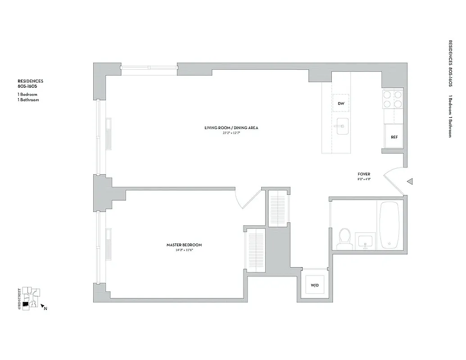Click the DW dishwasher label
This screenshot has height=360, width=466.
click(341, 104)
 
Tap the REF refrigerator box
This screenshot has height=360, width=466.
click(394, 137)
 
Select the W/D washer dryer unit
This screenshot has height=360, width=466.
click(315, 285)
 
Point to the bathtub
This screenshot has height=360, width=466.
click(390, 225)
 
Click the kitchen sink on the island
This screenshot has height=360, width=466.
click(342, 126)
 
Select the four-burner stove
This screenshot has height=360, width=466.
click(392, 99)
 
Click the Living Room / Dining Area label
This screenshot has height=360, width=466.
click(231, 128)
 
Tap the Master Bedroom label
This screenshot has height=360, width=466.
click(184, 245)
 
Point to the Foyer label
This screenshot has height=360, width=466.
click(364, 174)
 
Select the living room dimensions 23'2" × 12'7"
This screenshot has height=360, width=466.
click(231, 133)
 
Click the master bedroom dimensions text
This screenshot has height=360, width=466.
click(184, 250)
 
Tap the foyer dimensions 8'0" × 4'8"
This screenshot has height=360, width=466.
click(364, 179)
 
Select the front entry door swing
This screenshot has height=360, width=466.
click(393, 175)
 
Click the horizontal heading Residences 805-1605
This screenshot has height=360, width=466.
click(31, 84)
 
